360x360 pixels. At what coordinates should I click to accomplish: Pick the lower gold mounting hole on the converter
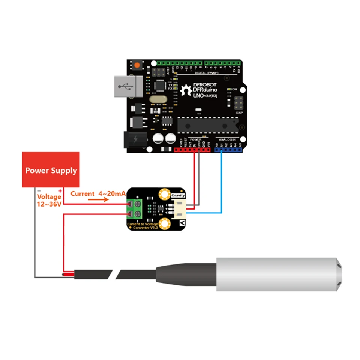[x=164, y=224]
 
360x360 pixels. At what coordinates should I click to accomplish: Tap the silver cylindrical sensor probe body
[x=277, y=274]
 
